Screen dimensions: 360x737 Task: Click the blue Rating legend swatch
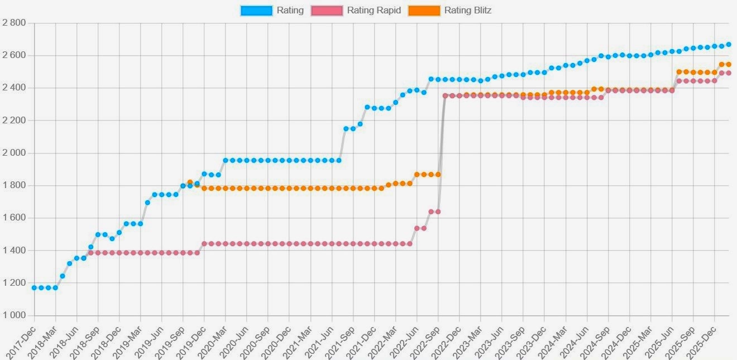pyautogui.click(x=256, y=10)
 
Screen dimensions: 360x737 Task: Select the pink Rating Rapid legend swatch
pyautogui.click(x=327, y=10)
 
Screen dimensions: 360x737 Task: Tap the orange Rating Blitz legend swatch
pyautogui.click(x=424, y=10)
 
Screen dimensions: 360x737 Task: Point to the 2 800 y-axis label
pyautogui.click(x=14, y=23)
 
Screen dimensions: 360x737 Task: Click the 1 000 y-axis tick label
pyautogui.click(x=14, y=315)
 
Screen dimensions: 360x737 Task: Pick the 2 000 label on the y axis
pyautogui.click(x=14, y=153)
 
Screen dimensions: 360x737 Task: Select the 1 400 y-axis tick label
pyautogui.click(x=14, y=251)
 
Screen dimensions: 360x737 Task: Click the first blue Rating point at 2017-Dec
pyautogui.click(x=34, y=287)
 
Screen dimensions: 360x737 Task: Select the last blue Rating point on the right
pyautogui.click(x=728, y=45)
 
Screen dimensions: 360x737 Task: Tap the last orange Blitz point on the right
pyautogui.click(x=728, y=64)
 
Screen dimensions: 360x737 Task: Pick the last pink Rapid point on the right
pyautogui.click(x=728, y=73)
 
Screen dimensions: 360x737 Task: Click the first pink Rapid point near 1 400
pyautogui.click(x=90, y=253)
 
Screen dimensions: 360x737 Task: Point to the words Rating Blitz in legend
pyautogui.click(x=467, y=10)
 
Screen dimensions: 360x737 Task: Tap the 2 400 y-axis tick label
pyautogui.click(x=14, y=88)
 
